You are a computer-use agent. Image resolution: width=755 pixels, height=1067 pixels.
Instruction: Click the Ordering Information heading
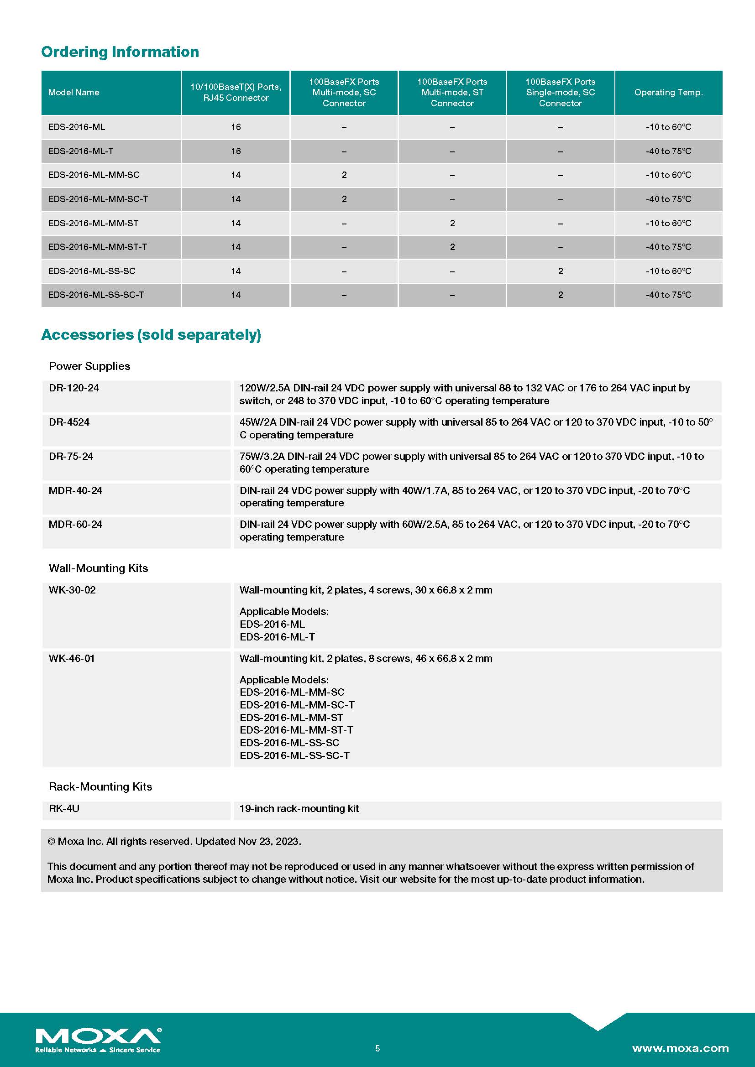point(120,52)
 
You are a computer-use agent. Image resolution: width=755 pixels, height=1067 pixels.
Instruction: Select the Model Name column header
point(73,93)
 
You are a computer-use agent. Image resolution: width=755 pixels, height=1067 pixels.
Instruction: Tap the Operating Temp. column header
point(668,93)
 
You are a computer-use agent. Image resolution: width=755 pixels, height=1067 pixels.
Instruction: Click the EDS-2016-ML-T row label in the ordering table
point(80,151)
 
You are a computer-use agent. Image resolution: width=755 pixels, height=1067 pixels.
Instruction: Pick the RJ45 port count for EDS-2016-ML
point(236,127)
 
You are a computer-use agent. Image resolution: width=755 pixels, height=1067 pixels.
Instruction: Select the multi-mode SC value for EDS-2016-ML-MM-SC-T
point(344,199)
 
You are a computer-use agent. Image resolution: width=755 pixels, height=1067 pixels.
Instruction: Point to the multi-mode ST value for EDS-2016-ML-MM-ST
point(452,223)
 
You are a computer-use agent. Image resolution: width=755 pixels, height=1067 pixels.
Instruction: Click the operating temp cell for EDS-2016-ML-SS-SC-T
point(668,295)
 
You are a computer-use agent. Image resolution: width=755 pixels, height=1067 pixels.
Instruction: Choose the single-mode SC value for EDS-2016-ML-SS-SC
point(560,271)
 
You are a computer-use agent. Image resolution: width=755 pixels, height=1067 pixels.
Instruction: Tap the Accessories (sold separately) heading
point(151,334)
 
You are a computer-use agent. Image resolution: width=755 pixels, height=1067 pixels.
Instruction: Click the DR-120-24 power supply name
point(74,388)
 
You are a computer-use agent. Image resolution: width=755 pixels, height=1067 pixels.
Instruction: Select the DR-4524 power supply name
point(69,422)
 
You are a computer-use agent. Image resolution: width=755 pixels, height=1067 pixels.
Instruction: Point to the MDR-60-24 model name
point(75,524)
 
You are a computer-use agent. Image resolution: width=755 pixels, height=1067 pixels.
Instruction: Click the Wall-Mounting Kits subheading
point(98,568)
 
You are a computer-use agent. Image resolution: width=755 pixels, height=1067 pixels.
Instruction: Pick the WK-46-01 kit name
point(72,658)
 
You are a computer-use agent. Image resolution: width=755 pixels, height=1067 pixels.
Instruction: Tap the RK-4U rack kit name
point(64,808)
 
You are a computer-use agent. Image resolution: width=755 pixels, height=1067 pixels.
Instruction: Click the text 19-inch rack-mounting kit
point(299,808)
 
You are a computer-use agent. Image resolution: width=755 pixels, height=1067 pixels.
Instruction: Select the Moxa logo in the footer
point(98,1039)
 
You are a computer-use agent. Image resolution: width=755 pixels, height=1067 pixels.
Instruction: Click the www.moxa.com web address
point(680,1048)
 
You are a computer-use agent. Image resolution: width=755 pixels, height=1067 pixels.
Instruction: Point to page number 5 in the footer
point(377,1048)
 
